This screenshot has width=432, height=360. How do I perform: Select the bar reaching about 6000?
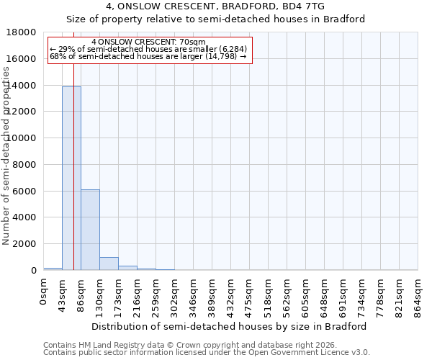click(90, 230)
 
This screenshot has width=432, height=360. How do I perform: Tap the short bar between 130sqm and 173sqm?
click(109, 264)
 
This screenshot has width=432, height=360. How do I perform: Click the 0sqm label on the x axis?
click(43, 292)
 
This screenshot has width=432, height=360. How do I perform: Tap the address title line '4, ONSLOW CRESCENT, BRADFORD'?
click(215, 6)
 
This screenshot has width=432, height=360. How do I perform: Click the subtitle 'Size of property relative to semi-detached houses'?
click(215, 19)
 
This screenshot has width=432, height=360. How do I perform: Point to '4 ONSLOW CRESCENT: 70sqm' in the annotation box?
click(149, 42)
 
